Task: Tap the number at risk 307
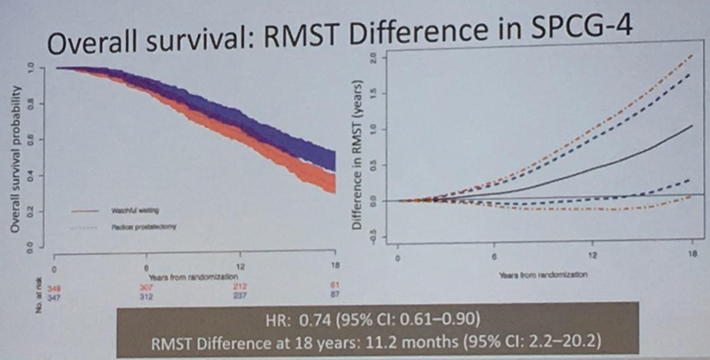[x=146, y=287]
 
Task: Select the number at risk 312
[x=146, y=297]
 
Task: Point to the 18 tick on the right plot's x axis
[x=691, y=257]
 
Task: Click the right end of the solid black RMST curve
[x=691, y=126]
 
